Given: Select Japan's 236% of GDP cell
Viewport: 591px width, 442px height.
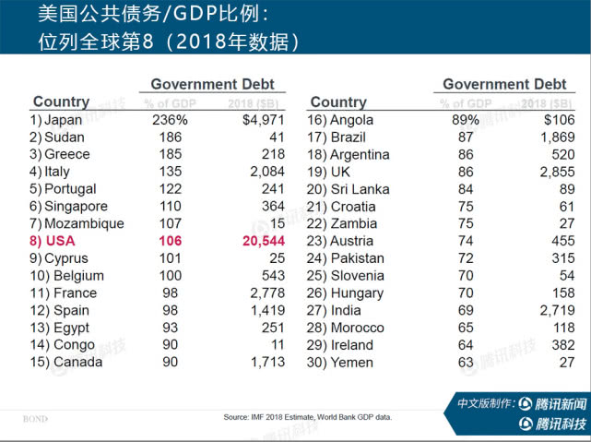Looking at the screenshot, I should (x=170, y=120).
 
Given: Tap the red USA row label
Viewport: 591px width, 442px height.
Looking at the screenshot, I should (x=54, y=241).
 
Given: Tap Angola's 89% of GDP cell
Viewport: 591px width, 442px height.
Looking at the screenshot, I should (x=464, y=120).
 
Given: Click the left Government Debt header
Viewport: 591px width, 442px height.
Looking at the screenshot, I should (x=212, y=84).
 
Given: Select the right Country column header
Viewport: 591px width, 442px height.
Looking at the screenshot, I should (x=338, y=102).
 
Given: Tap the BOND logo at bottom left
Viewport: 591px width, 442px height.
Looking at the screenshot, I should (x=35, y=419).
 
